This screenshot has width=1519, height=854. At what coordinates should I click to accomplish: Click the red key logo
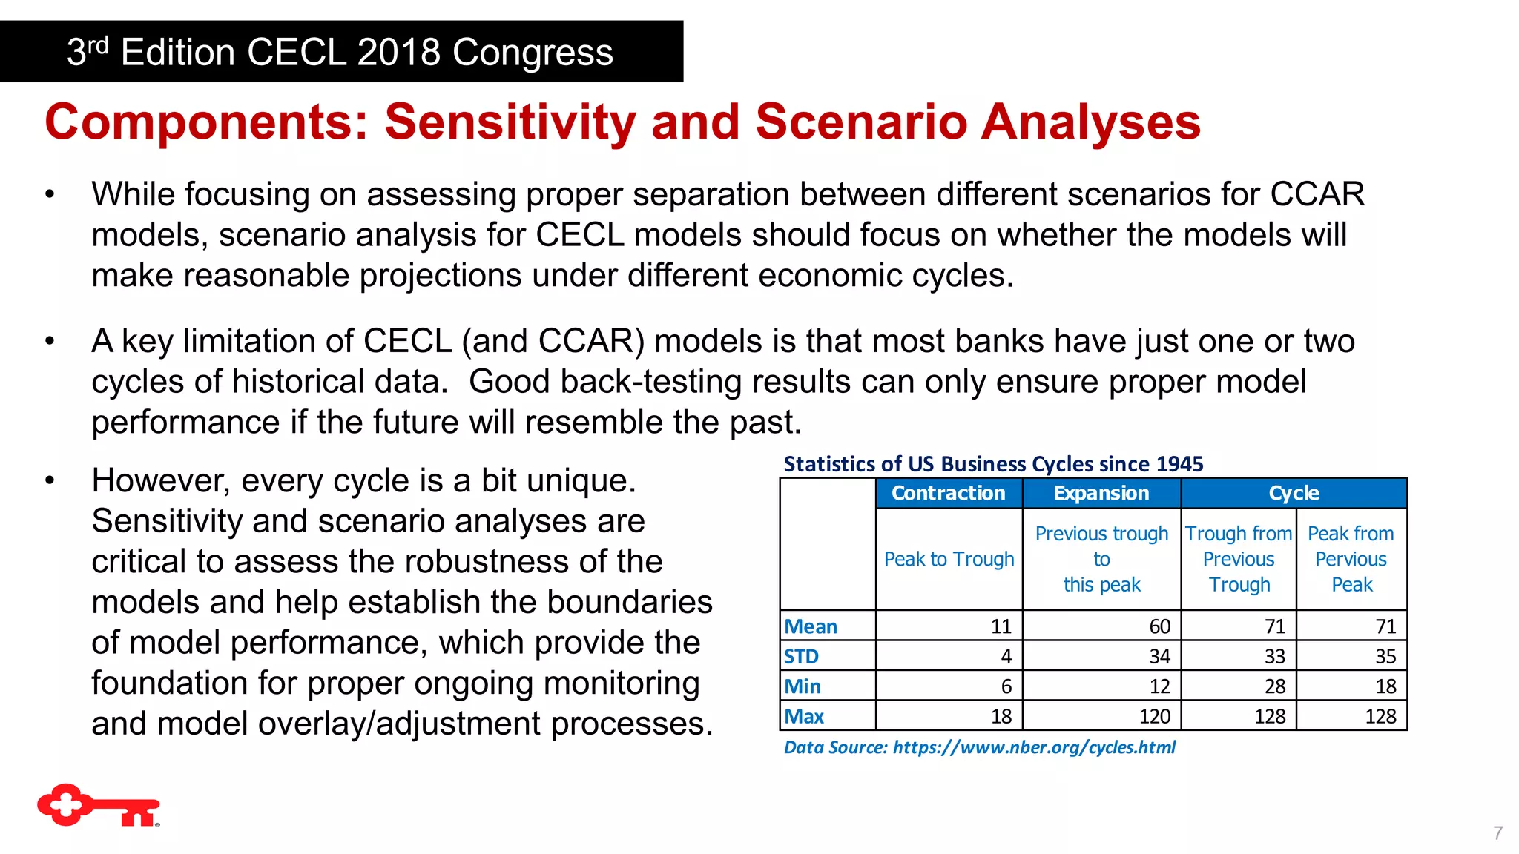coord(98,805)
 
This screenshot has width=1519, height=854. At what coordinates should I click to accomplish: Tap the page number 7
coord(1497,833)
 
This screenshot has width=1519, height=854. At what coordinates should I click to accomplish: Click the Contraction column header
coord(948,494)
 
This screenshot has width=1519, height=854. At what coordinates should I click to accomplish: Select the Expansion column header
coord(1101,494)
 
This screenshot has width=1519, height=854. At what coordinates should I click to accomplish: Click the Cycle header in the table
coord(1293,494)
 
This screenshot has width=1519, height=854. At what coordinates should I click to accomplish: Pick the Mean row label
coord(811,627)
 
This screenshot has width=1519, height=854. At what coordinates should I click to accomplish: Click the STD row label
coord(802,657)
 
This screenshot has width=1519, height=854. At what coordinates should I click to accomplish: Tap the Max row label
coord(805,717)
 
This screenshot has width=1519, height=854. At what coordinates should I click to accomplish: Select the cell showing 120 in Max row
coord(1154,717)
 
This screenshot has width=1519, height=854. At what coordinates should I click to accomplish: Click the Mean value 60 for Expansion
coord(1159,627)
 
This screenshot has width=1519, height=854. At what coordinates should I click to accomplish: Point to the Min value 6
coord(1006,687)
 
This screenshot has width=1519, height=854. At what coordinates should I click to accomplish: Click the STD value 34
coord(1159,657)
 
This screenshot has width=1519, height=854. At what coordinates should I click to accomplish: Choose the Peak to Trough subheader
coord(949,560)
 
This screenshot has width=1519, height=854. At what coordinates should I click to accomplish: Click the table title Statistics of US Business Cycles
coord(993,465)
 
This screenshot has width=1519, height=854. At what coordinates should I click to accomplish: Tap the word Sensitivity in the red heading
coord(510,122)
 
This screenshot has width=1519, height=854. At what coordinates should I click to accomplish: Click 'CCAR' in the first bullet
coord(1317,195)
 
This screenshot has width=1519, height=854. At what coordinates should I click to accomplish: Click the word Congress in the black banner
coord(533,53)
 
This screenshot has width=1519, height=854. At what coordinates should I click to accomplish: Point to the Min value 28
coord(1274,687)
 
